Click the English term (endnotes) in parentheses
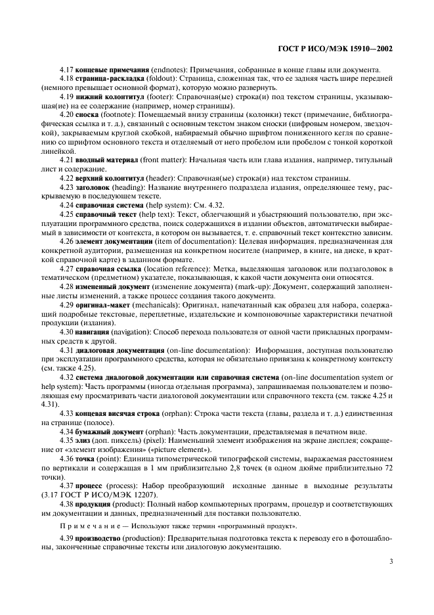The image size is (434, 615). click(173, 70)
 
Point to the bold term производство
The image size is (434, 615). click(102, 538)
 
